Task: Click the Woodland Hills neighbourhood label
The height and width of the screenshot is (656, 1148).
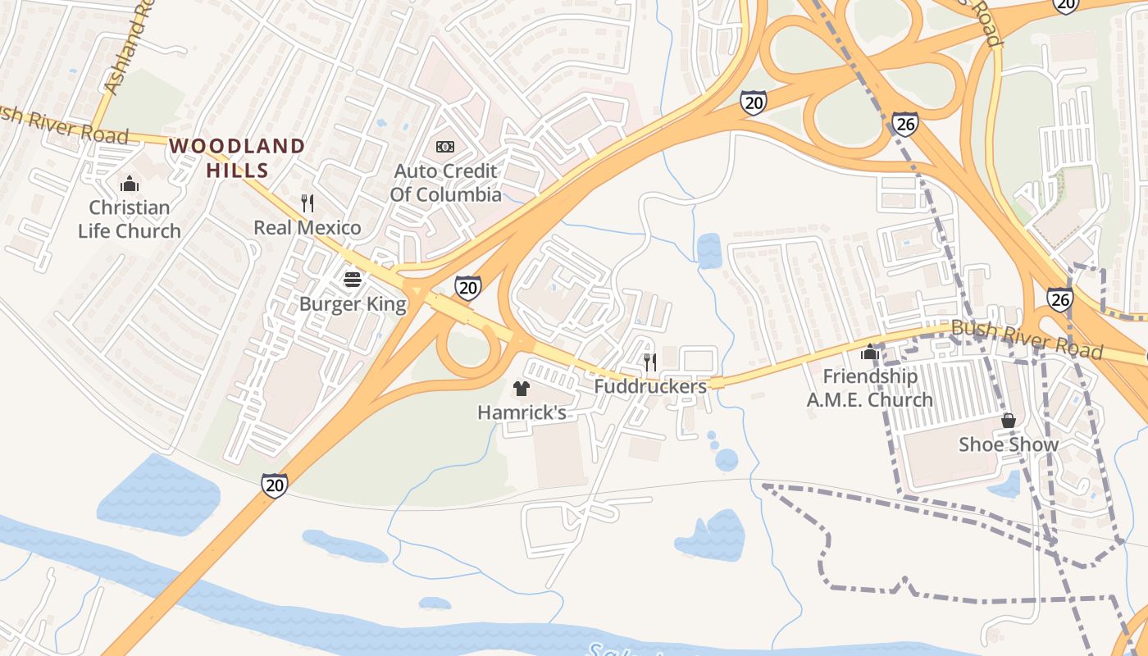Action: pos(237,158)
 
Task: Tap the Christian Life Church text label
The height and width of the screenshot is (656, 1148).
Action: pos(130,219)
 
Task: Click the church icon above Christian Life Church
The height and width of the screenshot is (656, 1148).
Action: pos(130,183)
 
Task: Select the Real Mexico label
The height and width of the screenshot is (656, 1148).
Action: pos(307,227)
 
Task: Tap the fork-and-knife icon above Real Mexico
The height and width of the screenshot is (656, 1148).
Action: pos(307,203)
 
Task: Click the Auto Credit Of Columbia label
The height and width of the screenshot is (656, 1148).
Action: pos(445,183)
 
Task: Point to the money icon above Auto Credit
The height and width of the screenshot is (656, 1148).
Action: pos(445,147)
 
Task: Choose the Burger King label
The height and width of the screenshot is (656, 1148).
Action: pos(353,304)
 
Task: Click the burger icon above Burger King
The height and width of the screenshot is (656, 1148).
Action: pos(353,280)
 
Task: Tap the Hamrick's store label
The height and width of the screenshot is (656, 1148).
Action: pos(522,412)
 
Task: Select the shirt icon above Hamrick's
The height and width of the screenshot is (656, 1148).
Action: pos(522,388)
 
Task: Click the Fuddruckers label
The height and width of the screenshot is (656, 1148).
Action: pos(650,385)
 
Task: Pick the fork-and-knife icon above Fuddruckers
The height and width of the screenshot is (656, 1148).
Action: pos(650,361)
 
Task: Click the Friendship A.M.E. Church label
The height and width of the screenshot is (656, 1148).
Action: pos(870,388)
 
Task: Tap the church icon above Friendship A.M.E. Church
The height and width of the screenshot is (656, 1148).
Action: pos(870,353)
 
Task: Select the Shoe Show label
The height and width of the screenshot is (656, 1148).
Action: pos(1009,444)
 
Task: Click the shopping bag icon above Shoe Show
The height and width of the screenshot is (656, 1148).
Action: pos(1009,421)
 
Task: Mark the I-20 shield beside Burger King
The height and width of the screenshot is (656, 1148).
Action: pos(467,287)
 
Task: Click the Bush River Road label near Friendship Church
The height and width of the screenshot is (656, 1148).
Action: pos(1026,339)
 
